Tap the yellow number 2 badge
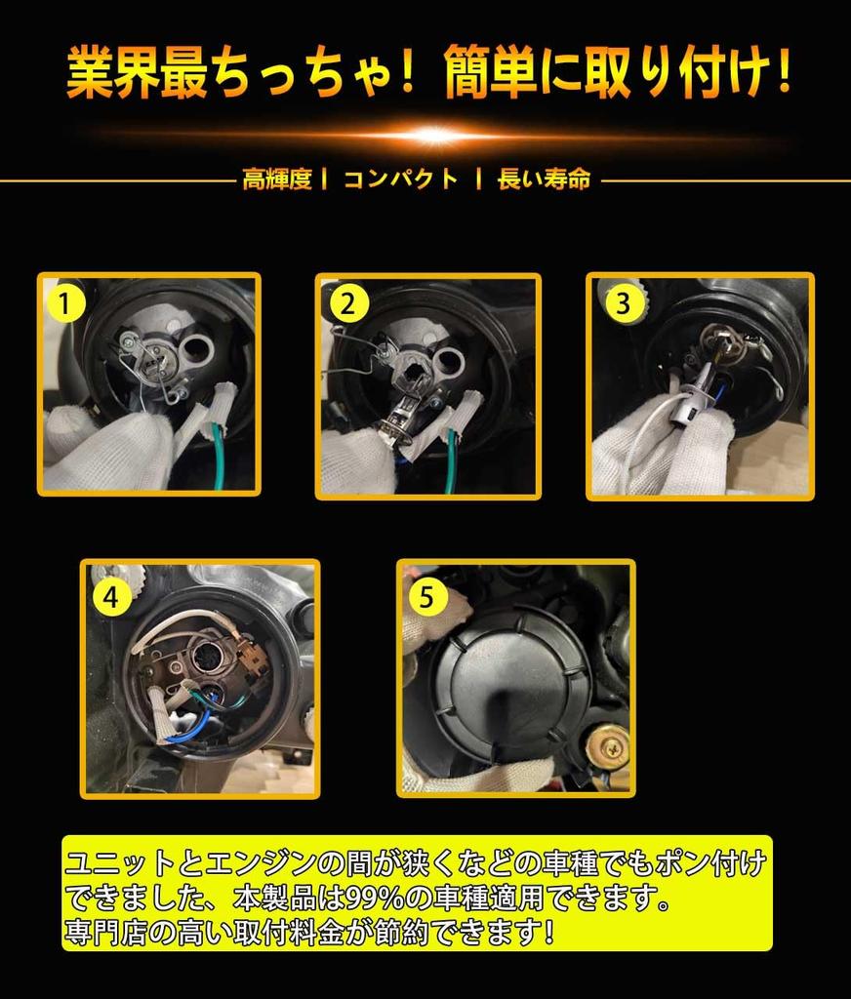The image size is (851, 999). (x=348, y=304)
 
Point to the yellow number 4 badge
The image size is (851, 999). (x=111, y=598)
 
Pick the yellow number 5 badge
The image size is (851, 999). (x=425, y=598)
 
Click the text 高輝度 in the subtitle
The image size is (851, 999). (x=277, y=180)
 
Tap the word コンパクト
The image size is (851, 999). (x=401, y=180)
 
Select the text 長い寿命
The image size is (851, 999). (x=544, y=180)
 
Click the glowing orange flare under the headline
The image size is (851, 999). (x=431, y=135)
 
